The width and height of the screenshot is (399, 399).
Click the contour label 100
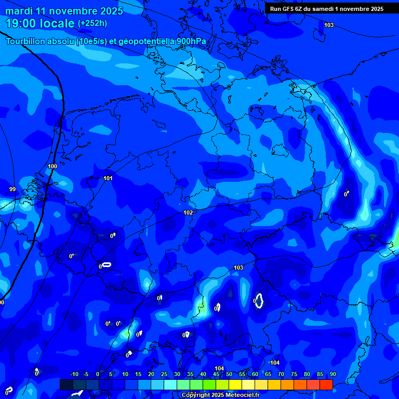tap(52, 166)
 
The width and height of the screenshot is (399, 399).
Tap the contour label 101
tap(108, 178)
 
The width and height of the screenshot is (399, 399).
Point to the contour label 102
tap(188, 212)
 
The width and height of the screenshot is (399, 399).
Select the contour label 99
tap(12, 189)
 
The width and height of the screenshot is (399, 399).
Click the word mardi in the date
tap(18, 11)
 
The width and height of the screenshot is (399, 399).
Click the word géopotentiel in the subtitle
tap(143, 41)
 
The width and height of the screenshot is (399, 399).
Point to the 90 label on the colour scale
tap(332, 374)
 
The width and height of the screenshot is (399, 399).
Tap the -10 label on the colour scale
tap(74, 374)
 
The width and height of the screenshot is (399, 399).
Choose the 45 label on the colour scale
tap(216, 374)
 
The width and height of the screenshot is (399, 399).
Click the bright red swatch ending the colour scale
tap(326, 384)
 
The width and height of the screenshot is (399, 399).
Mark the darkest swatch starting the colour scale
tap(66, 384)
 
